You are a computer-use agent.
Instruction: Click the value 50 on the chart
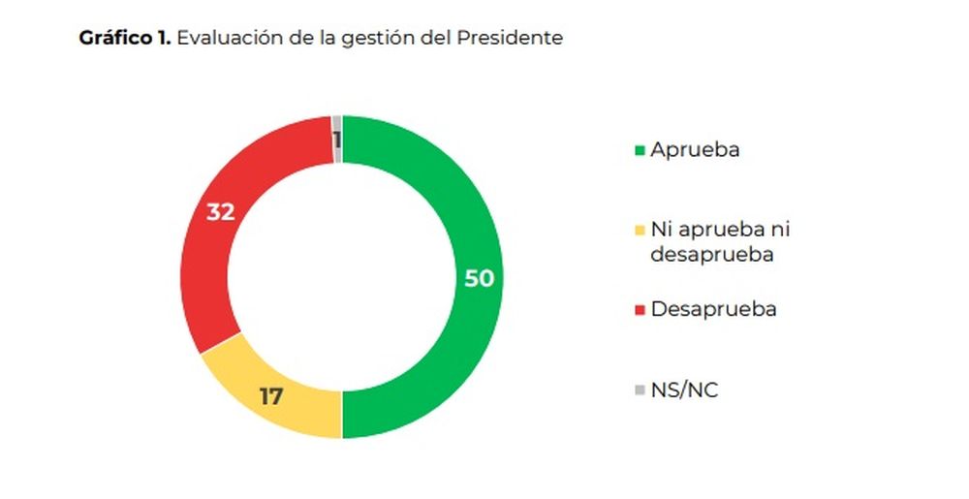click(479, 278)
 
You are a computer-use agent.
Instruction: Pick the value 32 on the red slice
click(221, 211)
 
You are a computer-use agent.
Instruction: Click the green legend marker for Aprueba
click(639, 151)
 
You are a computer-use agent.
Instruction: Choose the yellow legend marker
click(639, 231)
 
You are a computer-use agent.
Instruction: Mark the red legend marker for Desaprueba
click(639, 310)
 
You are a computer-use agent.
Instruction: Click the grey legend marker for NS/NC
click(639, 390)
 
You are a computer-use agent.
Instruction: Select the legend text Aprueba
click(695, 150)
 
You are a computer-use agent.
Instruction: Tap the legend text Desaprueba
click(713, 309)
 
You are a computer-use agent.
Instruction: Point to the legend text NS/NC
click(684, 390)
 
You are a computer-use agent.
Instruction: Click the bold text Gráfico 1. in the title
click(125, 39)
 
